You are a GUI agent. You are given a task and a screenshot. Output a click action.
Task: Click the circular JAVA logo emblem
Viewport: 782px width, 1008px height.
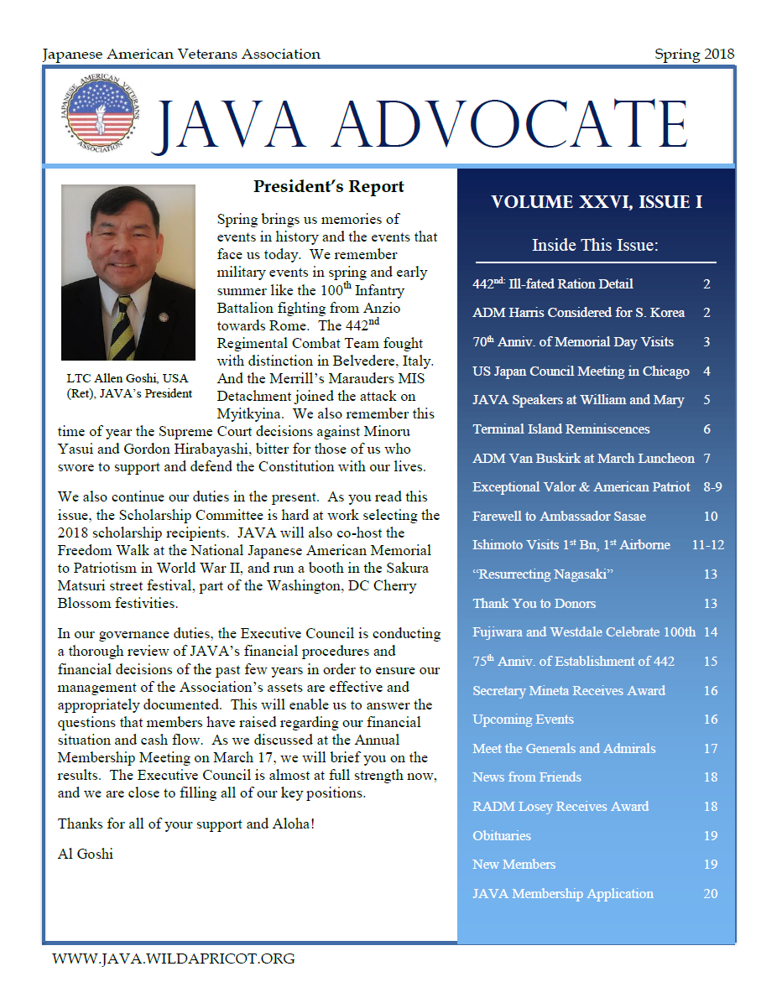(x=102, y=115)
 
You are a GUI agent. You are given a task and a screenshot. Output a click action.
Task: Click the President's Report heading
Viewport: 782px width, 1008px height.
(x=328, y=187)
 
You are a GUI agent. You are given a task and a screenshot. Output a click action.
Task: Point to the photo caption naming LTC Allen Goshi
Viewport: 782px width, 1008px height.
(x=128, y=386)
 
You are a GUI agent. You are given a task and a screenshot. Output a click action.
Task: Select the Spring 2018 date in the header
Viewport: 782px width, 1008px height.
(x=694, y=55)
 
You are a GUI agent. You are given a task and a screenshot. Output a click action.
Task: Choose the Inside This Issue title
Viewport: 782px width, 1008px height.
(x=595, y=245)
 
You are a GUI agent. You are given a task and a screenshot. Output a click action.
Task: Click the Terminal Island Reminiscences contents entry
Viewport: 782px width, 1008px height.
(x=560, y=429)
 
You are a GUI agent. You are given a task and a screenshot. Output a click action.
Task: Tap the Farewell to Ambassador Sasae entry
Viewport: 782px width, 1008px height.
(x=559, y=517)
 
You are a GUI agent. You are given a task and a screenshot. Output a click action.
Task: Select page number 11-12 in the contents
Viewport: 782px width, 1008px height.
(x=708, y=545)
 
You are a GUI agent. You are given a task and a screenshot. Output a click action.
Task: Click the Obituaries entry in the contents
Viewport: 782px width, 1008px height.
(x=502, y=836)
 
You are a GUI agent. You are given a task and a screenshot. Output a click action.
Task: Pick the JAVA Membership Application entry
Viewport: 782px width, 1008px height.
(x=562, y=894)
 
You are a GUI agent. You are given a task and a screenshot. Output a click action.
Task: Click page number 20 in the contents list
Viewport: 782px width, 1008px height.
(x=710, y=894)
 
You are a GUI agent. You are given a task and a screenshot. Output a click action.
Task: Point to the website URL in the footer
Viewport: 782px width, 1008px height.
(x=174, y=959)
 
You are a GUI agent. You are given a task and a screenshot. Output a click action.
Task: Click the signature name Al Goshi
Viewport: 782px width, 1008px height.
(x=86, y=855)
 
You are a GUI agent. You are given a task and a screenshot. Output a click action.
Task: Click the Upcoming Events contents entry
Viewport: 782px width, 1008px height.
(x=523, y=720)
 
